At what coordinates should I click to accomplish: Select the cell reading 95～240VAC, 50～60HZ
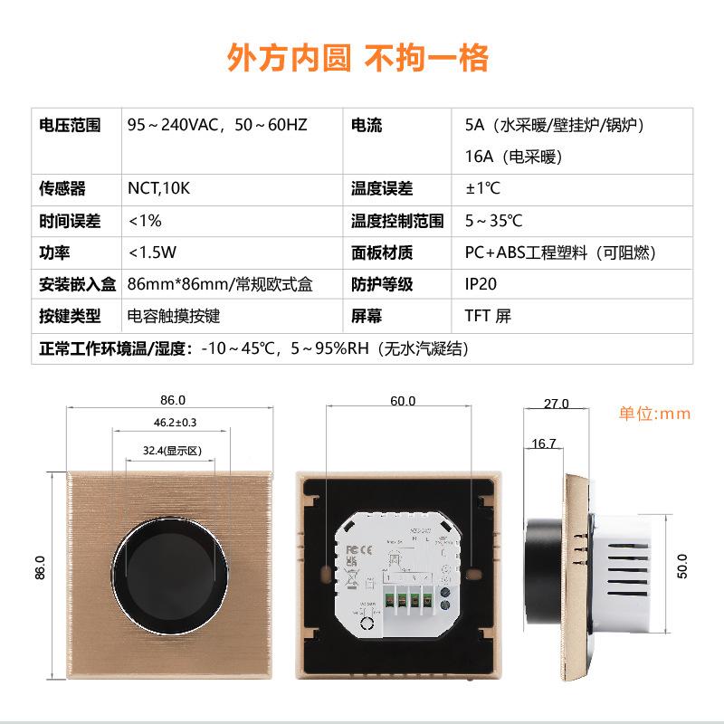point(217,125)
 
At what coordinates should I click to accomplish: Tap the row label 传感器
point(62,189)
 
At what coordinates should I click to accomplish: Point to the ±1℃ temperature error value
point(482,189)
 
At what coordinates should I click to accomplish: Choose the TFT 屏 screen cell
point(488,316)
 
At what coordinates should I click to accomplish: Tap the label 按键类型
point(70,316)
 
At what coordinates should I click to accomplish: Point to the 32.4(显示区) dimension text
point(171,450)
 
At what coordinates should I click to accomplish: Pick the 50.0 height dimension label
point(682,567)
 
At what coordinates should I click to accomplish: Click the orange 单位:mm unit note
point(654,414)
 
